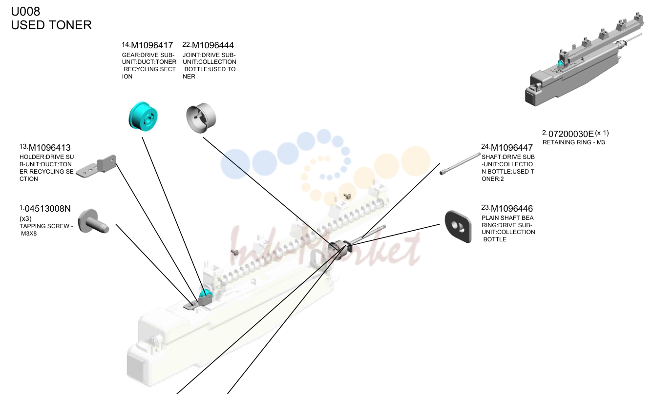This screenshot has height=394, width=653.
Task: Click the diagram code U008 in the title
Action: click(x=25, y=11)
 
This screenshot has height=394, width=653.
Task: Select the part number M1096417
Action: click(x=152, y=45)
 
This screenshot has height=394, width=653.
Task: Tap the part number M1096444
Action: click(x=213, y=45)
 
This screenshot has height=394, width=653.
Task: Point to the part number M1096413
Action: click(x=49, y=148)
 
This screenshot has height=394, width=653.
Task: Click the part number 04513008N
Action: click(x=47, y=209)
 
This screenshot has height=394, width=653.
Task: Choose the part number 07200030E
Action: click(x=571, y=134)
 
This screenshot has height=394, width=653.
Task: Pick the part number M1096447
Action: click(x=512, y=148)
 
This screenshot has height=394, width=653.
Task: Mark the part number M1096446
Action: click(x=512, y=209)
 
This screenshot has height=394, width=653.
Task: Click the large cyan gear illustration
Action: click(x=143, y=117)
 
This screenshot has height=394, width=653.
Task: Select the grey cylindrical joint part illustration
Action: click(x=201, y=118)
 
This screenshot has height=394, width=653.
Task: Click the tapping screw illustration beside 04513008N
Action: click(x=93, y=221)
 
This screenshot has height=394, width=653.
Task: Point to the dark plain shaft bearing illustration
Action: click(x=458, y=226)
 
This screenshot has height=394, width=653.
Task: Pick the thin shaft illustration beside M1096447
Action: click(x=460, y=163)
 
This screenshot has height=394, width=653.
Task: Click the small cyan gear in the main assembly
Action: click(x=205, y=295)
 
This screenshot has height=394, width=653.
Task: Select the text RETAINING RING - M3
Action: click(x=573, y=142)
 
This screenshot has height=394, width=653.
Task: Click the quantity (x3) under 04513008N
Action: click(x=25, y=218)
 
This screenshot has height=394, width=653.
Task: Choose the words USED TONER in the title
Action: click(x=51, y=25)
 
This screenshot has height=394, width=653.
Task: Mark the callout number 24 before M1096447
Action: click(x=485, y=146)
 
